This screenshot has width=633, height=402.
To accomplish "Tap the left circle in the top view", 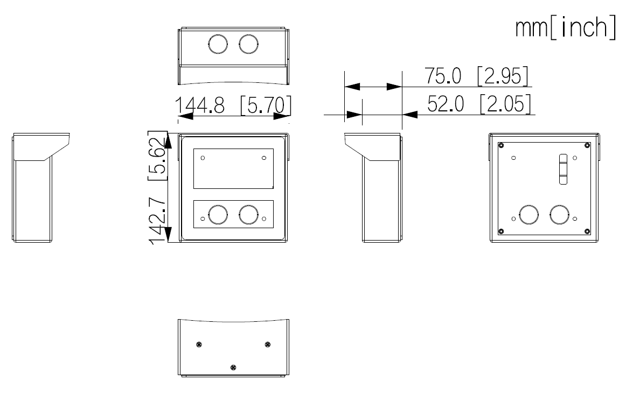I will pyautogui.click(x=217, y=44).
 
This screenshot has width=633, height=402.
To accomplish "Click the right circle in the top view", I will pyautogui.click(x=248, y=44).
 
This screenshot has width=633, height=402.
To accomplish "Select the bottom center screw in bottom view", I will pyautogui.click(x=233, y=367).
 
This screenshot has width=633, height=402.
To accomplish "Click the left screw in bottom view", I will pyautogui.click(x=199, y=344).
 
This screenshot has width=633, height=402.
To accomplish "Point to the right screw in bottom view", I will pyautogui.click(x=268, y=344).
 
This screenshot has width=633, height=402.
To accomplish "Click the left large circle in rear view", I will pyautogui.click(x=528, y=214).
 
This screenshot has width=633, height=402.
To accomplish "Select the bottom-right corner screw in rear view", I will pyautogui.click(x=586, y=231).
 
